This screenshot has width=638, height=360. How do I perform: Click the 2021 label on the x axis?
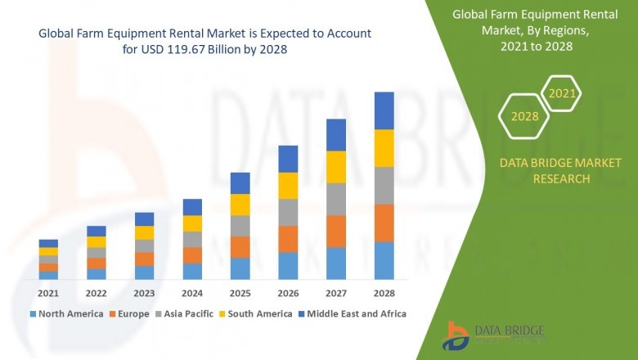click(48, 293)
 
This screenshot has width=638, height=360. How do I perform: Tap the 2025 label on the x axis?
click(240, 293)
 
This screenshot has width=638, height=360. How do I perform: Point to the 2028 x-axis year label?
click(384, 293)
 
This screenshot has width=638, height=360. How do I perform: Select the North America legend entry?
click(67, 313)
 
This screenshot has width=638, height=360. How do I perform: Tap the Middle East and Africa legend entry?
click(355, 313)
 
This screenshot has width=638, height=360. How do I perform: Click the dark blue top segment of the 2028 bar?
click(384, 110)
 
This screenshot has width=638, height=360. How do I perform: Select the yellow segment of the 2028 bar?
click(384, 148)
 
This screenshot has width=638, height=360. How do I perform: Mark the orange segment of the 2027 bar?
click(335, 232)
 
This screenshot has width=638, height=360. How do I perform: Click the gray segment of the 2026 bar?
click(288, 213)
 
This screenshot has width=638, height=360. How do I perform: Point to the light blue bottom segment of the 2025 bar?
click(240, 269)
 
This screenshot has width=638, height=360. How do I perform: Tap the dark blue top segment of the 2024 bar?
click(192, 207)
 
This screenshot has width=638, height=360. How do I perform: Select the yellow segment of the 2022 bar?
click(97, 242)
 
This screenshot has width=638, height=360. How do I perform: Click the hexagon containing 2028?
click(524, 116)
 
